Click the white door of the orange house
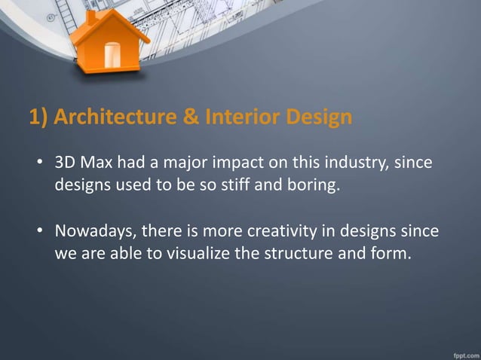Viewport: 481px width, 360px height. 112,53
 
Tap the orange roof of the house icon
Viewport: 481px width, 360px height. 112,23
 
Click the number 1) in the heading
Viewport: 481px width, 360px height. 39,118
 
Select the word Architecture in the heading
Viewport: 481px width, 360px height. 110,118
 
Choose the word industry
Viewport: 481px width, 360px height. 358,163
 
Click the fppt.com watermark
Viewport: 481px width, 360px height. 461,352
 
